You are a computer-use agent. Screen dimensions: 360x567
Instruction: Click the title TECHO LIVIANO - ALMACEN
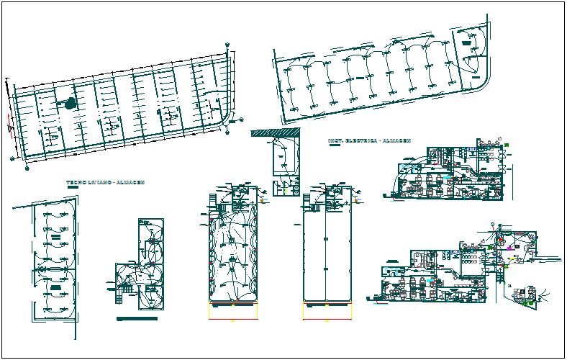point(105,183)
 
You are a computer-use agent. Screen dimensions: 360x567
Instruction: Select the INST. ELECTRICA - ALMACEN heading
point(368,140)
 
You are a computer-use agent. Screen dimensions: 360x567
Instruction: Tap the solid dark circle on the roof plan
point(70,104)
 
